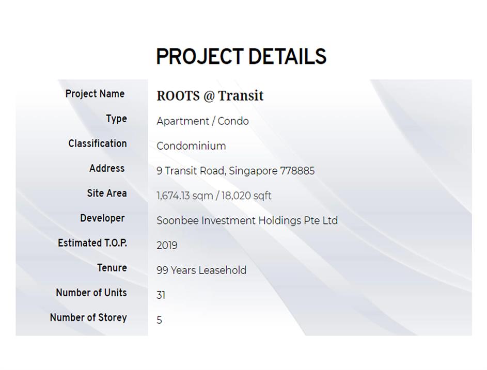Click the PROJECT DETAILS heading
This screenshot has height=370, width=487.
241,56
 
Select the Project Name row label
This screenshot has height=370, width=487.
95,94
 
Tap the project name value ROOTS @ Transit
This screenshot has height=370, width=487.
210,95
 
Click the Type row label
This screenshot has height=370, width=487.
117,119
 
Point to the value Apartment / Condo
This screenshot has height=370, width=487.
202,121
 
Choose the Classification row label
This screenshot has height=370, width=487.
98,143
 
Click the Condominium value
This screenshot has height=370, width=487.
191,146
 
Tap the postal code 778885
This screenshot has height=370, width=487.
297,171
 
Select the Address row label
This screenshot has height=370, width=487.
107,168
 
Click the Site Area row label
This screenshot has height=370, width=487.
107,193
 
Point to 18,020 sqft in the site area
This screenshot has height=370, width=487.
246,196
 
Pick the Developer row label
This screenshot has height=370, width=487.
102,218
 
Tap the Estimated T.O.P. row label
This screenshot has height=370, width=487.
92,243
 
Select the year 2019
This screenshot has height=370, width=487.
167,246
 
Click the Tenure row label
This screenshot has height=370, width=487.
112,268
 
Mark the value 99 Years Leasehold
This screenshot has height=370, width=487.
201,270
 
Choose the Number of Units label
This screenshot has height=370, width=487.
91,293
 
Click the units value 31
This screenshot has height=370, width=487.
161,295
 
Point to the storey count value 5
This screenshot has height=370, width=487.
159,320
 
